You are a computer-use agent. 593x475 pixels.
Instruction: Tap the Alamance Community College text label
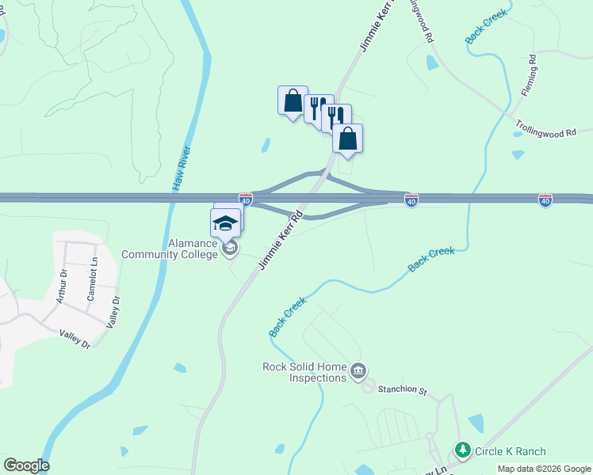point(169,249)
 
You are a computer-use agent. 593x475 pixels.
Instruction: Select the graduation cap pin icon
point(225,222)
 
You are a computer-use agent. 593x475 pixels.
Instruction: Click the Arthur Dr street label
point(62,289)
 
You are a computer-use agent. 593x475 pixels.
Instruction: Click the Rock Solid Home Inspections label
point(305,372)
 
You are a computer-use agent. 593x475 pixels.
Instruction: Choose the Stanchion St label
point(402,389)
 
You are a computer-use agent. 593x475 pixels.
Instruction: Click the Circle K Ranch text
point(510,451)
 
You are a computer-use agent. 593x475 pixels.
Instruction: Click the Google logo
point(26,465)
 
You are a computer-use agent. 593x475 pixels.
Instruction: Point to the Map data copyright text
point(544,469)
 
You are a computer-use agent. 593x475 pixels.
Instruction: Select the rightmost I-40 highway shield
point(545,201)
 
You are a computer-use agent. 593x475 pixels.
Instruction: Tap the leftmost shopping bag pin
point(293,101)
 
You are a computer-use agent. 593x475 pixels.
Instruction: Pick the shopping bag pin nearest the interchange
point(347,139)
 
